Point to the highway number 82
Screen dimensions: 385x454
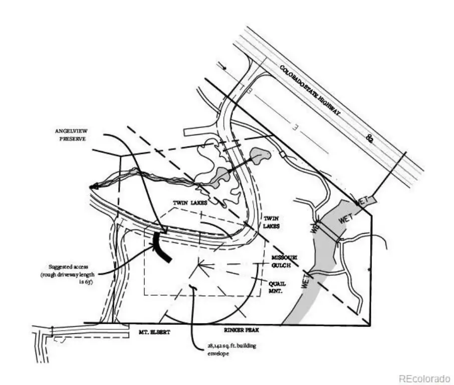370,138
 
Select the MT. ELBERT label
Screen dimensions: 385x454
154,332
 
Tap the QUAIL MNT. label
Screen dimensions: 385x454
281,286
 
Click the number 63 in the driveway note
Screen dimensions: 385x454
91,282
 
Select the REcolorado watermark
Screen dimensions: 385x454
424,377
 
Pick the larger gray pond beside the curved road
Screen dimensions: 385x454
259,156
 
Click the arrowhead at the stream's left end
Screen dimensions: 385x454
93,186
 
